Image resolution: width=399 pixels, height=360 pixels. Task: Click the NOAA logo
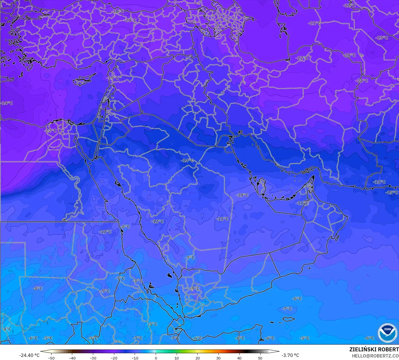point(388,333)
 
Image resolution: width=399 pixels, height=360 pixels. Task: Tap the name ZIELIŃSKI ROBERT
point(374,349)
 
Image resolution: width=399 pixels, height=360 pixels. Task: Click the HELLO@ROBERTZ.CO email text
point(375,356)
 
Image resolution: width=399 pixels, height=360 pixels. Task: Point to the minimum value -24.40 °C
point(29,355)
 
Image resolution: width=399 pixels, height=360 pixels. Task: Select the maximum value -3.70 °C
point(290,355)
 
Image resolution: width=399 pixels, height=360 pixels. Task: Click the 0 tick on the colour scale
point(156,358)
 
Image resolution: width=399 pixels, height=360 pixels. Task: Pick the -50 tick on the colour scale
point(51,358)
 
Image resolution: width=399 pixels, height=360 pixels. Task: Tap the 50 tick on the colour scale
point(260,358)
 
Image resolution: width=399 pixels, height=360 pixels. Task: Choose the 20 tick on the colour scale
point(197,358)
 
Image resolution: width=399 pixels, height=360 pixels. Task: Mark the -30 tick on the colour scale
point(93,358)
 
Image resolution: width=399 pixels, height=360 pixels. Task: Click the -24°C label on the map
point(7,103)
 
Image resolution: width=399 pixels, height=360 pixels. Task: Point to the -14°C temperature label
point(188,161)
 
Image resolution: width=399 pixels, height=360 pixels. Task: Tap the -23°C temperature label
point(382,38)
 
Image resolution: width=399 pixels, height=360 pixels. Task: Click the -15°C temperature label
point(392,192)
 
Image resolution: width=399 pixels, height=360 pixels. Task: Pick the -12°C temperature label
point(157,221)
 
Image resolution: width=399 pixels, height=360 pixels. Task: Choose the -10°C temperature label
point(242,195)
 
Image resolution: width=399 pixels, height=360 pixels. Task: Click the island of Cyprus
point(81,81)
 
